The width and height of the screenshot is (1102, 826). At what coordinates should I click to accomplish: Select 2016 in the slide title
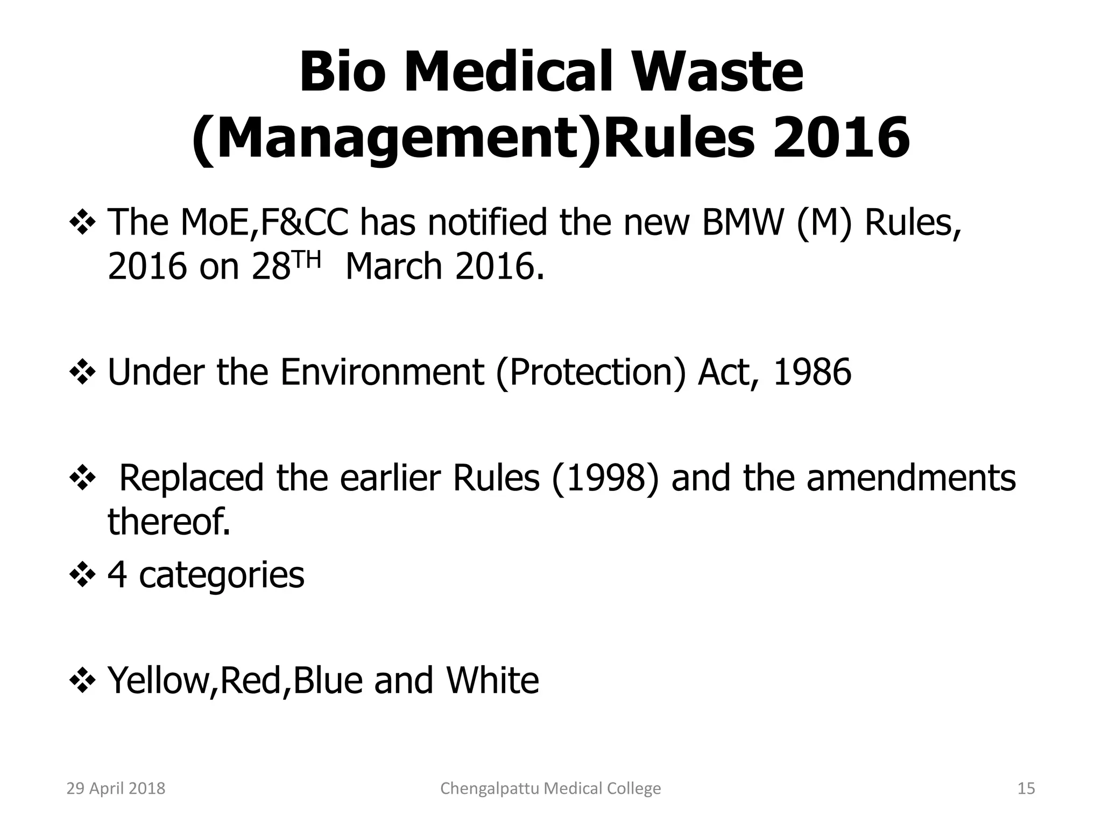point(841,138)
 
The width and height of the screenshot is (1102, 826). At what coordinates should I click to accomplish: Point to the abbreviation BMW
point(741,222)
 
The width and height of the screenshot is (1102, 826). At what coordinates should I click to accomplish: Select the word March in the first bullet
point(393,267)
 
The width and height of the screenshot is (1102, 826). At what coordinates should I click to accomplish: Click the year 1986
point(812,372)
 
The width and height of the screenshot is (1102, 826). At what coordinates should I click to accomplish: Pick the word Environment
point(382,372)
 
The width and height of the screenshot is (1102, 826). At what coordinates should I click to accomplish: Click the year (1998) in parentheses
point(605,478)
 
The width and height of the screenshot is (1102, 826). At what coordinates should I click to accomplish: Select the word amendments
point(911,478)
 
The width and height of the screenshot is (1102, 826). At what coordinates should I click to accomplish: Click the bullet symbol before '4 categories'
point(82,575)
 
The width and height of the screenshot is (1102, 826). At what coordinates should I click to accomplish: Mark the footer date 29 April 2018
point(116,788)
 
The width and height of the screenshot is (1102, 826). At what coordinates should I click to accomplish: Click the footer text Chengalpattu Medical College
point(550,788)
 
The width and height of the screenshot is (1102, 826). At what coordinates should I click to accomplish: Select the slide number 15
point(1026,788)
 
